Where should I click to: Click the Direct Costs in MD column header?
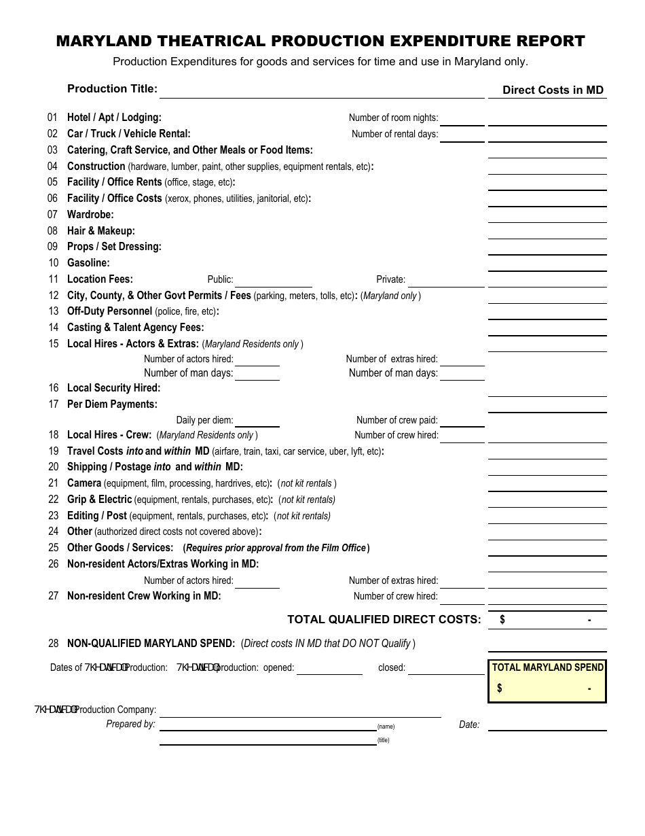[x=553, y=90]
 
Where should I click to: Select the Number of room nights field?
[x=462, y=118]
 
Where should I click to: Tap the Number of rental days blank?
[x=462, y=135]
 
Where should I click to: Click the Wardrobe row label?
[x=90, y=215]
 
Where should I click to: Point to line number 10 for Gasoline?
[x=53, y=263]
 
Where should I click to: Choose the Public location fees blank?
[x=274, y=280]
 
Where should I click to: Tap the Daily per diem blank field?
[x=257, y=421]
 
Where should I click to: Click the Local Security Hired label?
[x=113, y=388]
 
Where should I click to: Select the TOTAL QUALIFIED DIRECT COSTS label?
[x=384, y=619]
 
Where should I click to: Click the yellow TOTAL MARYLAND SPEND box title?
[x=547, y=667]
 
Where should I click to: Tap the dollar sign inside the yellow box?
[x=500, y=689]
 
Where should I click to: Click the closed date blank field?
[x=446, y=668]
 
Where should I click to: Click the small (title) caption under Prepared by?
[x=384, y=740]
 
